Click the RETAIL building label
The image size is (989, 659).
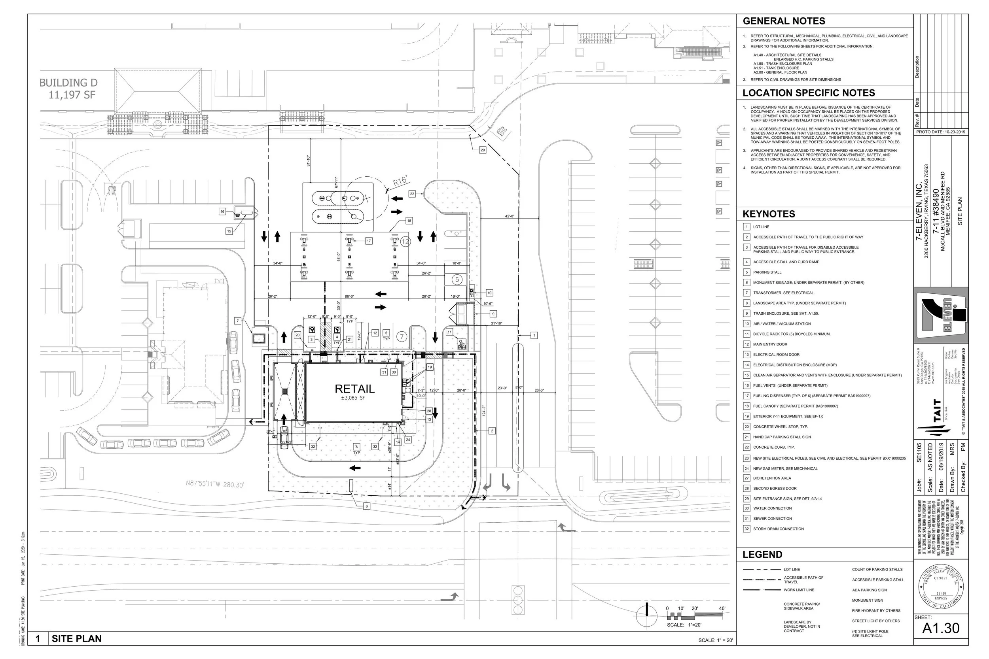click(x=354, y=389)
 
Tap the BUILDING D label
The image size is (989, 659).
click(x=68, y=83)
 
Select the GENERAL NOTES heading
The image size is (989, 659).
click(x=784, y=21)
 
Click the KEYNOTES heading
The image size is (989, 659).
click(x=769, y=214)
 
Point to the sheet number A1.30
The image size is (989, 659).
click(x=941, y=628)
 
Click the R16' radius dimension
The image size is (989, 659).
click(x=400, y=181)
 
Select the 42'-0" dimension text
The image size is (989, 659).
click(x=509, y=216)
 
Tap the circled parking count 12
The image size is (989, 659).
click(x=405, y=242)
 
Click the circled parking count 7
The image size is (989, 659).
click(x=402, y=337)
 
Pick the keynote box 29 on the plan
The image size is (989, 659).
click(x=482, y=150)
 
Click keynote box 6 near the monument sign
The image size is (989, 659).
click(x=366, y=506)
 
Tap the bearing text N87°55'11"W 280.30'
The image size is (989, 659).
click(x=215, y=485)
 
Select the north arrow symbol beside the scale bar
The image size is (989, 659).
click(x=647, y=616)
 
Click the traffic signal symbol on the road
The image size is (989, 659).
click(x=517, y=600)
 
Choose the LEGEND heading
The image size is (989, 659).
click(x=762, y=554)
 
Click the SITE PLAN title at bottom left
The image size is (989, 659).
click(x=76, y=639)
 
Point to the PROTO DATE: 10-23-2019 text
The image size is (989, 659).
click(x=941, y=132)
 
